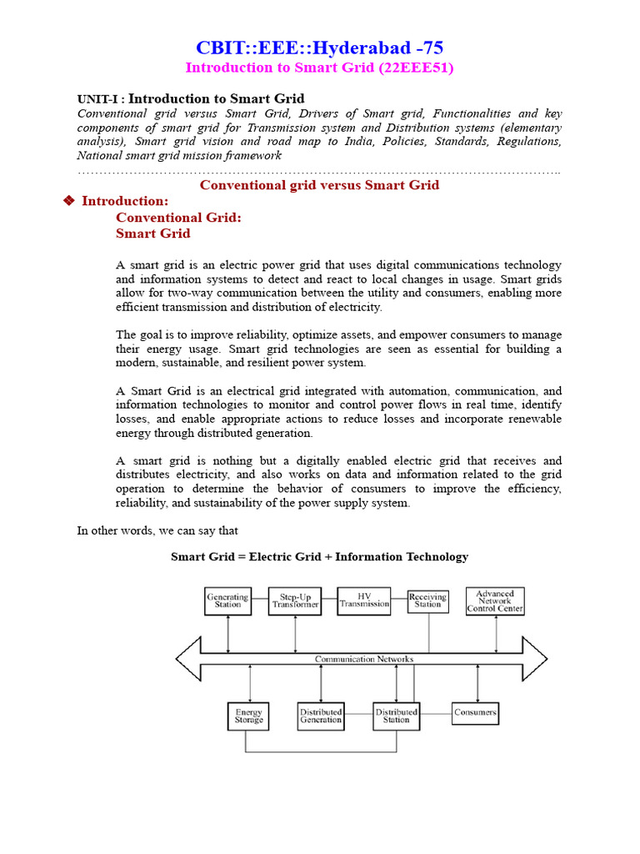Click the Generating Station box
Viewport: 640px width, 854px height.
[x=227, y=600]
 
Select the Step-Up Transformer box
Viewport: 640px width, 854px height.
[x=295, y=601]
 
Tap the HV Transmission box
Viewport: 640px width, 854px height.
[x=363, y=600]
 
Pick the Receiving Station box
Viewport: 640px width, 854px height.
[x=427, y=600]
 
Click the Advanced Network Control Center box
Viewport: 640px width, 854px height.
[x=495, y=600]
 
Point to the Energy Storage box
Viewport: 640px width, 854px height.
[x=248, y=716]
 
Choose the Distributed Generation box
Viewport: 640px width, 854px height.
[x=321, y=716]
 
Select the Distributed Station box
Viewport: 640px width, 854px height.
[x=396, y=716]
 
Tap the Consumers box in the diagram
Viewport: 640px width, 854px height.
[x=475, y=712]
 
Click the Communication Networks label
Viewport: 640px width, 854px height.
[x=363, y=659]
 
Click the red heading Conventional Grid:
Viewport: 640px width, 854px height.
[x=178, y=217]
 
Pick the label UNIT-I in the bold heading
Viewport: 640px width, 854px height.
[x=98, y=99]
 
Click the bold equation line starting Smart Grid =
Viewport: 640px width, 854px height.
[x=319, y=556]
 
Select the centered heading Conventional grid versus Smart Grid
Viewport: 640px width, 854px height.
[x=319, y=184]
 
